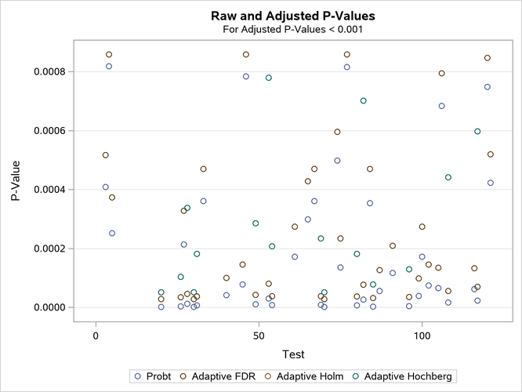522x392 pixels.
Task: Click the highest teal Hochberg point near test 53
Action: (269, 78)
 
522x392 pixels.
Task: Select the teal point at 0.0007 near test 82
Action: (363, 100)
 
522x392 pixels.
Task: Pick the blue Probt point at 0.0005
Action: (337, 161)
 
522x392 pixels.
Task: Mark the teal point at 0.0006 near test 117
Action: (477, 131)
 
